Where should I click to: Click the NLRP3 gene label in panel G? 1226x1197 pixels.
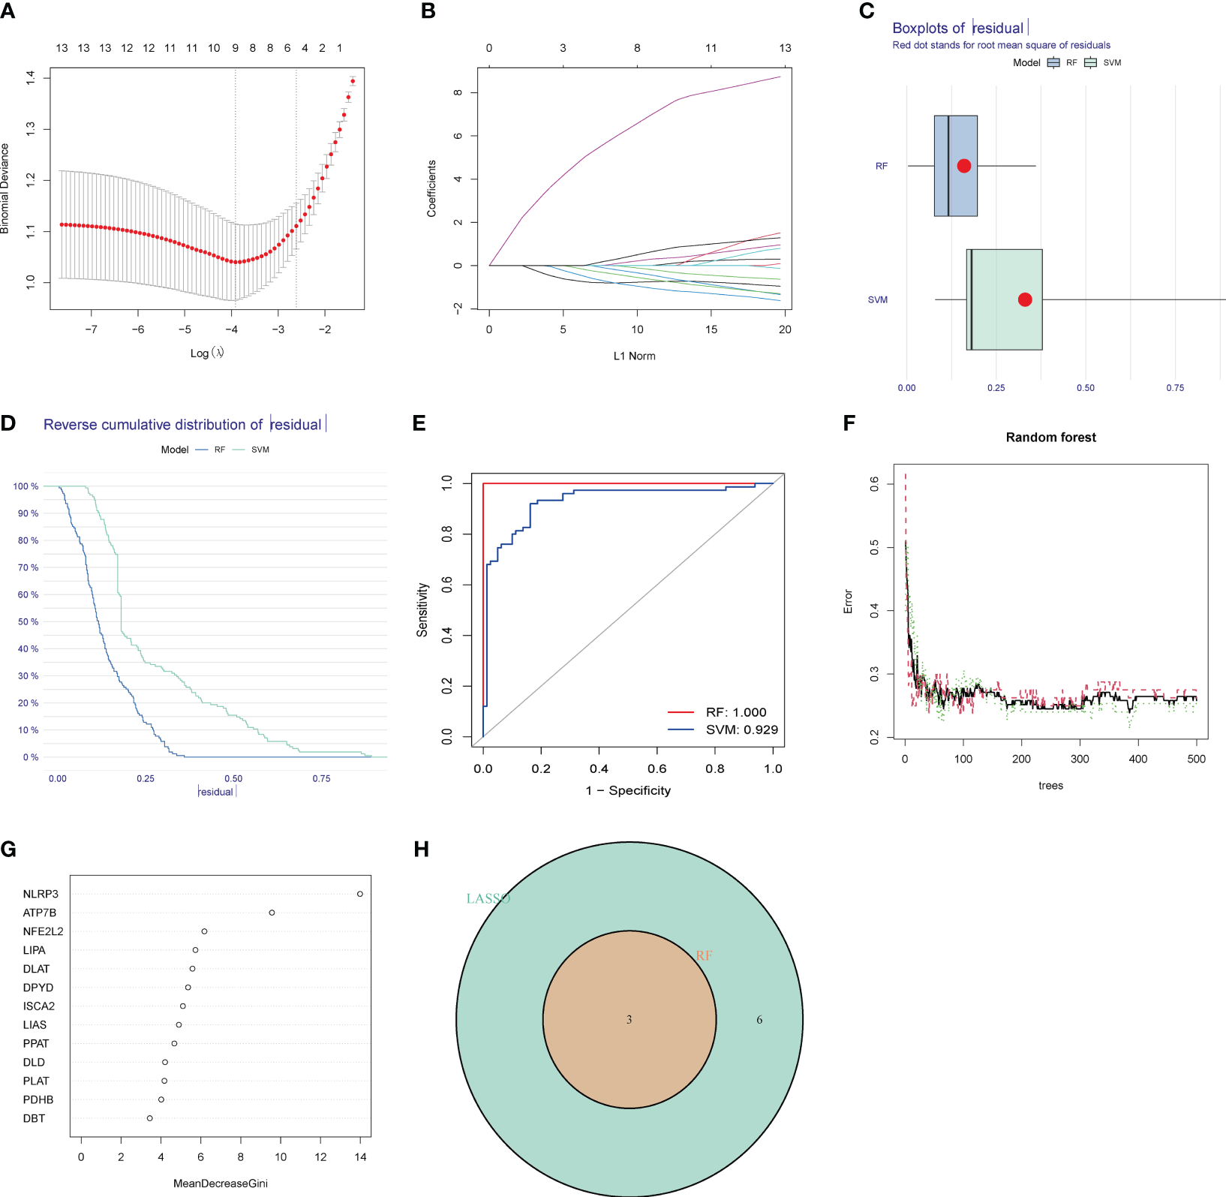point(41,894)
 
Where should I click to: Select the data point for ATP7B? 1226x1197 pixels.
point(272,913)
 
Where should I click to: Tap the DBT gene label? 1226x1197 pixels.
point(34,1118)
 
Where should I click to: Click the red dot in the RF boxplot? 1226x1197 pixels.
point(964,166)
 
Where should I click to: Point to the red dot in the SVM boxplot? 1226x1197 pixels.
point(1025,299)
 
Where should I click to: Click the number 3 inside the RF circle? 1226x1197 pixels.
point(630,1020)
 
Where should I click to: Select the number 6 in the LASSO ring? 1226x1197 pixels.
point(759,1020)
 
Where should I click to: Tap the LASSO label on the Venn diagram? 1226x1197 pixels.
point(488,898)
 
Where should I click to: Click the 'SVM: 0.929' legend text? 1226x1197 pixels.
point(741,729)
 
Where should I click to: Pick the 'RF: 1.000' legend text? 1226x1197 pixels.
point(736,712)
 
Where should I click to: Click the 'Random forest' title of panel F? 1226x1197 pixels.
point(1050,438)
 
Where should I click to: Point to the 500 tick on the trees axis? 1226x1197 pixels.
point(1196,759)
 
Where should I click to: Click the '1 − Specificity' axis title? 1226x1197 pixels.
point(628,790)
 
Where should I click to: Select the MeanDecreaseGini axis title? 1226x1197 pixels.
point(221,1183)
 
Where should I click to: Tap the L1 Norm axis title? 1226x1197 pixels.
point(634,356)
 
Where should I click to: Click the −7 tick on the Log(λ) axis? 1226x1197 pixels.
point(91,329)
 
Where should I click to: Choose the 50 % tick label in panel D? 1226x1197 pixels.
point(28,621)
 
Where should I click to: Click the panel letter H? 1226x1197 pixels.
point(422,850)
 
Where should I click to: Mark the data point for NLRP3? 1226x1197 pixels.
point(360,894)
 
